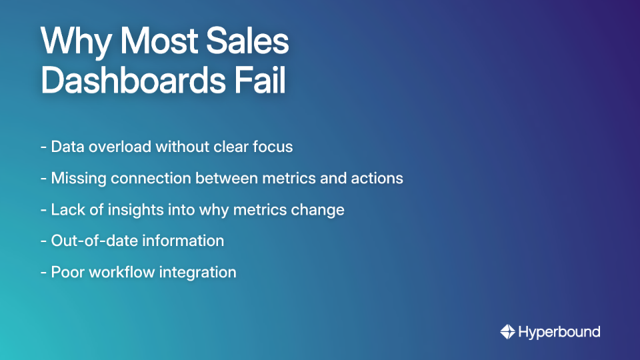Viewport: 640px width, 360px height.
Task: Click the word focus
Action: [271, 147]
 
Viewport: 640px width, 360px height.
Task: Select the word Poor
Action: [66, 272]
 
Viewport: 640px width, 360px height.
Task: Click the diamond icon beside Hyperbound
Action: [507, 331]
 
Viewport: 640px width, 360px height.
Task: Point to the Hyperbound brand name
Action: [559, 331]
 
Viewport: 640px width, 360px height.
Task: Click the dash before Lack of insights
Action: [43, 209]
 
